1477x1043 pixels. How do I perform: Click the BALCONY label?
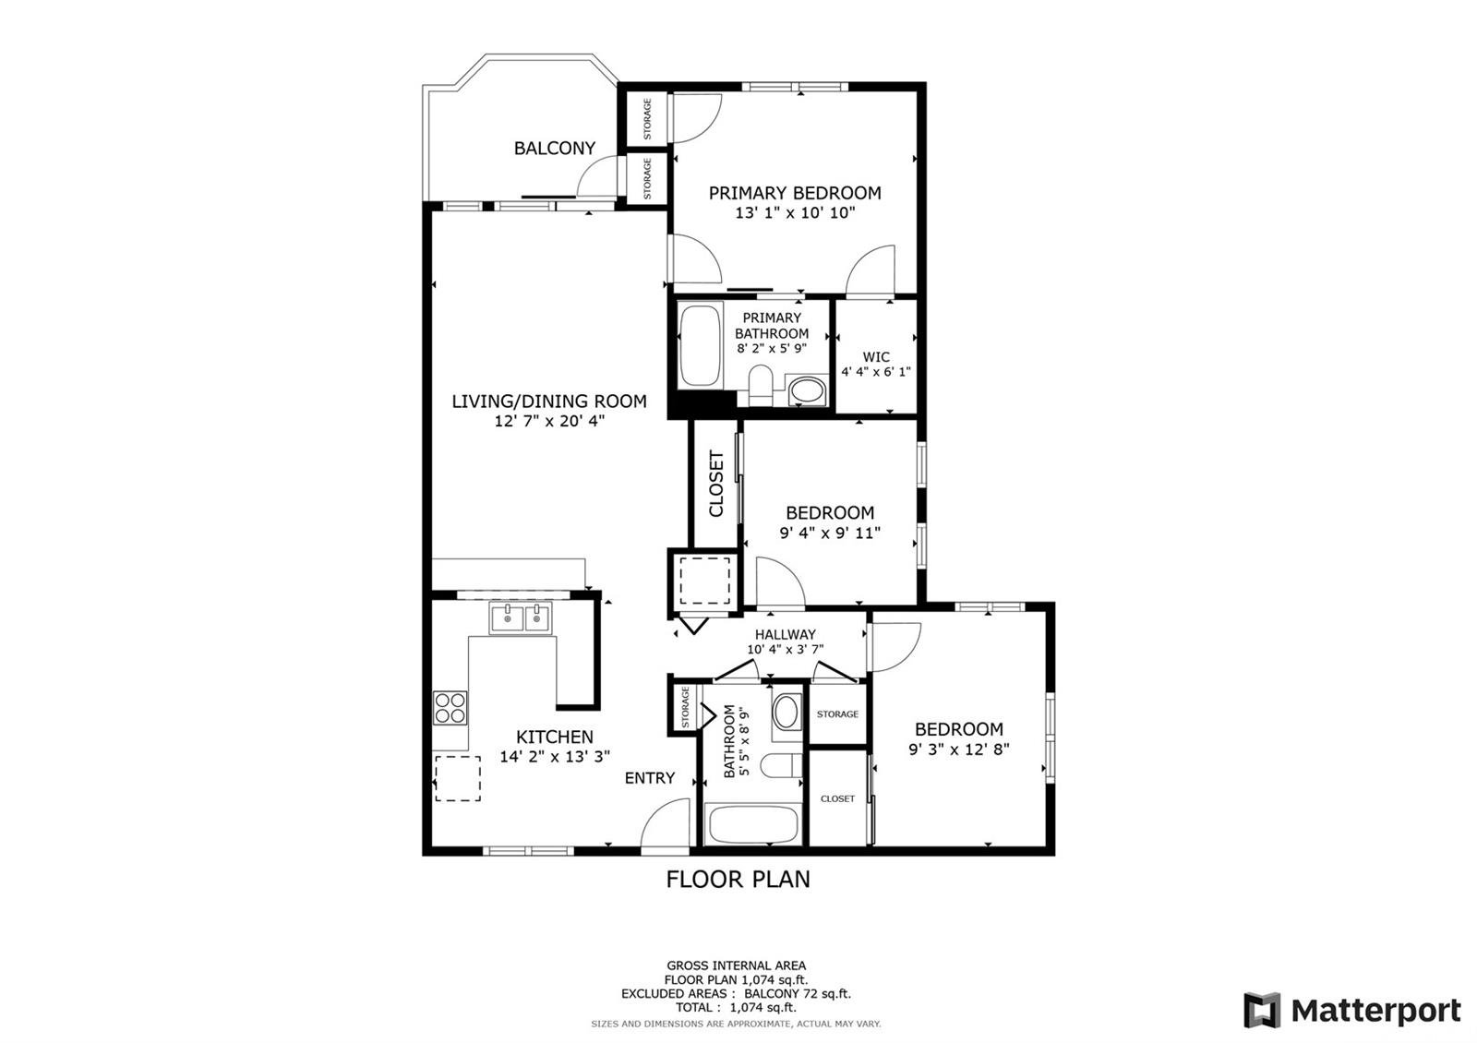555,149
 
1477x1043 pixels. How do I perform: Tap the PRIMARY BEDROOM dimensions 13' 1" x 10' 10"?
795,213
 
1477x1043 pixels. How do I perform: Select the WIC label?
876,356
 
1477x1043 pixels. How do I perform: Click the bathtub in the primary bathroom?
701,345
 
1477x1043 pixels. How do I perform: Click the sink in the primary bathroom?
807,391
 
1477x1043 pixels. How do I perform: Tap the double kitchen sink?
521,618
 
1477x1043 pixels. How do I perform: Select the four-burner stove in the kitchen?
450,707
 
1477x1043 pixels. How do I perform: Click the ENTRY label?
650,778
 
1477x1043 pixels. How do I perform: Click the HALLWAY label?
786,634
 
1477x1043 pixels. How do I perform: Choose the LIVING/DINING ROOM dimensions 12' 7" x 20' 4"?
549,421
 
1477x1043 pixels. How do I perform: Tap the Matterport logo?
1352,1010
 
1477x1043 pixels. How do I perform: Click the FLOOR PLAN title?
738,880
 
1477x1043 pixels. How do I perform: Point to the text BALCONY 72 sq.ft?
798,993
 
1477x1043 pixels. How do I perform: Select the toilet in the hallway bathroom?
781,766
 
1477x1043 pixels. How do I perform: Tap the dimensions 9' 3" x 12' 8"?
959,749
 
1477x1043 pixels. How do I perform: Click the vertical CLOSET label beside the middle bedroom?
716,484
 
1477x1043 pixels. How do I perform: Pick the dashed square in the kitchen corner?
458,779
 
